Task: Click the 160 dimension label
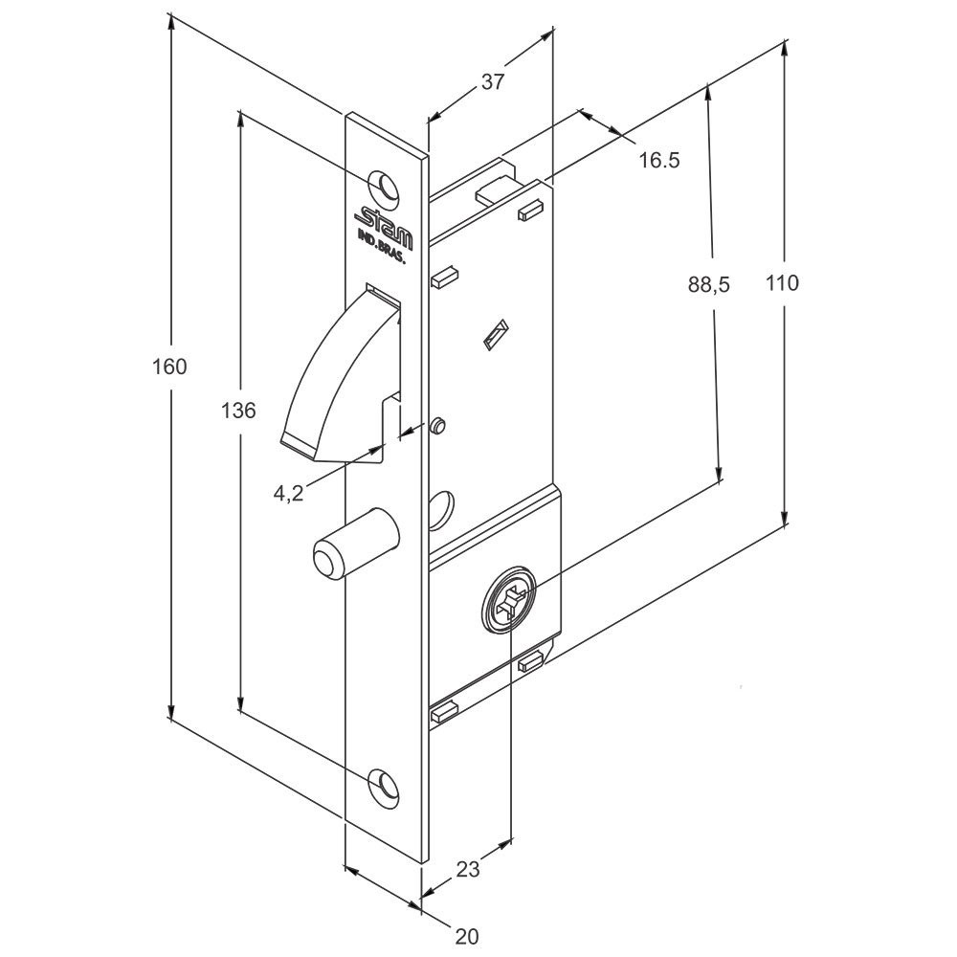click(x=170, y=367)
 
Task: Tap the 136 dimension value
click(x=238, y=411)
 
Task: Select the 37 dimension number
click(x=493, y=81)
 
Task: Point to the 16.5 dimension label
click(x=659, y=161)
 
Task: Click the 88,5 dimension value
click(x=708, y=284)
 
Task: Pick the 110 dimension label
click(x=782, y=283)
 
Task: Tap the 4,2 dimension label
click(x=288, y=493)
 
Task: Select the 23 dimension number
click(x=468, y=869)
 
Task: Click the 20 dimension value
click(x=467, y=936)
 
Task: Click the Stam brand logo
click(x=384, y=223)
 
